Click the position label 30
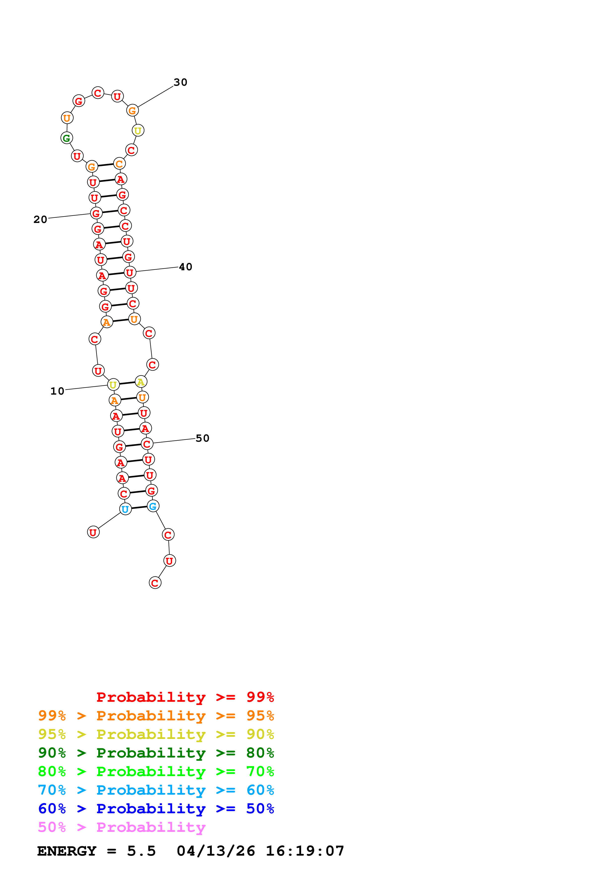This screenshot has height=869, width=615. coord(180,82)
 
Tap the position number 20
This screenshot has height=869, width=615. coord(40,219)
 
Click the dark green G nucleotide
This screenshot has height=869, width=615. coord(67,138)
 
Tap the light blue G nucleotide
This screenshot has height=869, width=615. coord(153,506)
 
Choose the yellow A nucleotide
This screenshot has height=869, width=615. coord(141,382)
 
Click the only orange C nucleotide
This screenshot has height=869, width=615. coord(119,164)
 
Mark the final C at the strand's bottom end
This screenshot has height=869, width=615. coord(155,583)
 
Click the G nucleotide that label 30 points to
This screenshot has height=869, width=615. coord(132,110)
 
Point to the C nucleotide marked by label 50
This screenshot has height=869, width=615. coord(147,444)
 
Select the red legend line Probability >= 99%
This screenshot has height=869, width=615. coord(185,697)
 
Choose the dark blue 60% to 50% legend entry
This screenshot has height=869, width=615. coord(156,809)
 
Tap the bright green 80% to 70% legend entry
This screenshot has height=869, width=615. coord(156,771)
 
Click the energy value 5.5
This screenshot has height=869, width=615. coord(141,851)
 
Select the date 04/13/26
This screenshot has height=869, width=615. coord(216,851)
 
